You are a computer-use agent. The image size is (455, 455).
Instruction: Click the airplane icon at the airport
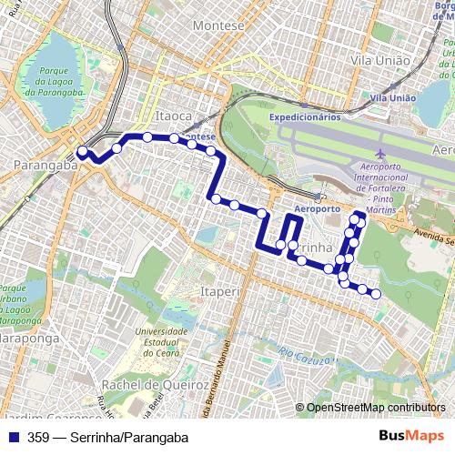pos(379,157)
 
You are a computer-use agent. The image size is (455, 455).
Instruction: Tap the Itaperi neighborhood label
pos(214,290)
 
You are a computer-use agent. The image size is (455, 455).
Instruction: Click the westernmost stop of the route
pos(81,152)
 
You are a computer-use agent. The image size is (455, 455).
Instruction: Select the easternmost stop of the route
pos(375,293)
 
